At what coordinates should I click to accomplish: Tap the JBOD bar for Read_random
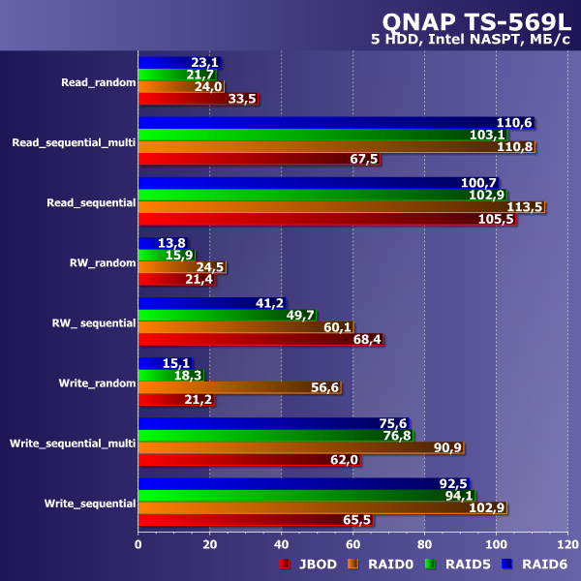pyautogui.click(x=198, y=98)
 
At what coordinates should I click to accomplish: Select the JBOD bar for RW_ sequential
pyautogui.click(x=260, y=339)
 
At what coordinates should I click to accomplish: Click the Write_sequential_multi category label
pyautogui.click(x=72, y=443)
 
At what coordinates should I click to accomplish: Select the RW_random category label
pyautogui.click(x=102, y=261)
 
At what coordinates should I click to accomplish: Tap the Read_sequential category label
pyautogui.click(x=90, y=202)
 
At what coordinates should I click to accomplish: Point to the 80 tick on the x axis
pyautogui.click(x=425, y=544)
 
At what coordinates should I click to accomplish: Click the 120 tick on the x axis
pyautogui.click(x=567, y=544)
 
